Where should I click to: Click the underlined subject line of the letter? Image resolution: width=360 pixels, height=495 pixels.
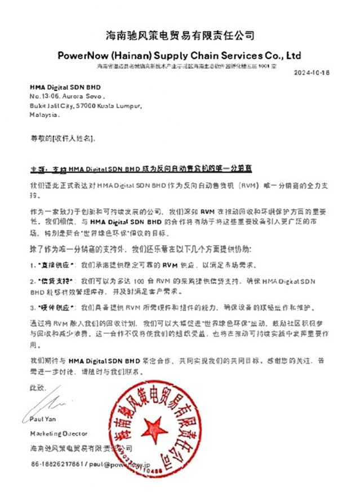[x=140, y=169]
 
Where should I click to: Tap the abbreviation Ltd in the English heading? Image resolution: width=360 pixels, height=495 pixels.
[x=293, y=55]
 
